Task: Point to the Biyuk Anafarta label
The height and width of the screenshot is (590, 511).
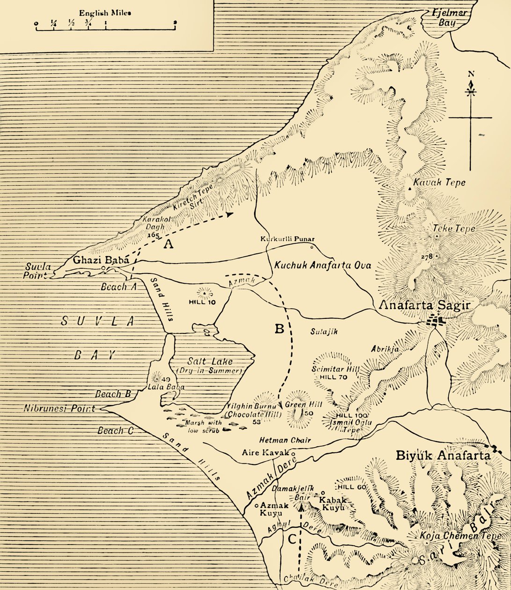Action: [x=443, y=455]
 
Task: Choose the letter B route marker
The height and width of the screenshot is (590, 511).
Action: [x=279, y=329]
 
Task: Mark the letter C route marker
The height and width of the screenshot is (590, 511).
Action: [x=291, y=539]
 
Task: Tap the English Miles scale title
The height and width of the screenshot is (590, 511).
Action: [x=105, y=13]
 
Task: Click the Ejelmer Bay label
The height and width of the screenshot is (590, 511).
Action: [x=448, y=17]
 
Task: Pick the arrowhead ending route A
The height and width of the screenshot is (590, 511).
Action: [x=229, y=214]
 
